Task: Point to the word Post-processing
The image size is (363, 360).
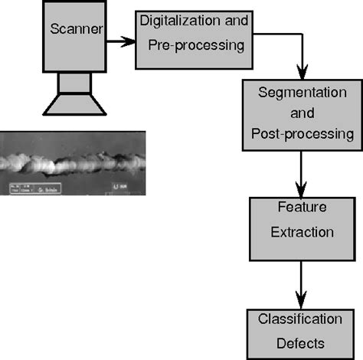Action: [x=302, y=134]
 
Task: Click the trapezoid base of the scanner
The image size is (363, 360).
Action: [x=74, y=104]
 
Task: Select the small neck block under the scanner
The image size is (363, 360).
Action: [x=74, y=81]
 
